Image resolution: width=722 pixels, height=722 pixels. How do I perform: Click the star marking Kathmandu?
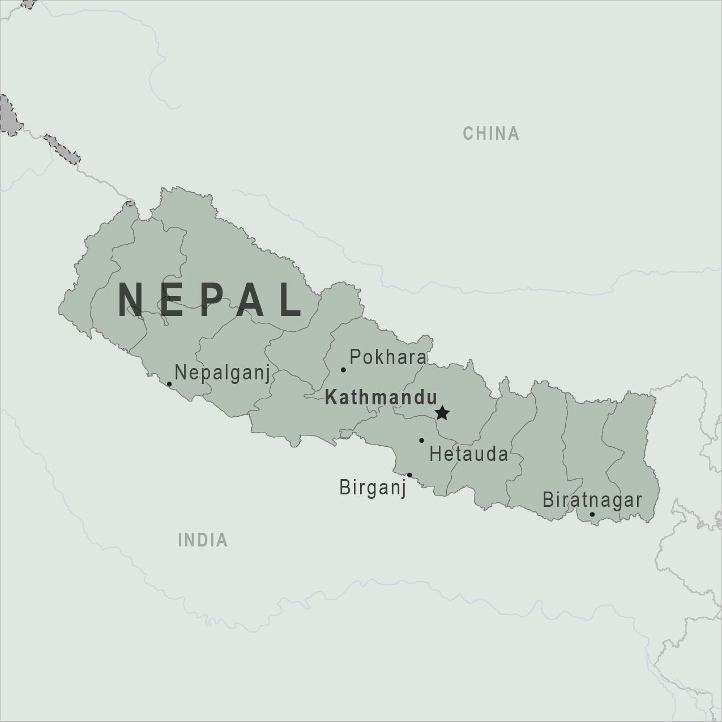tap(442, 413)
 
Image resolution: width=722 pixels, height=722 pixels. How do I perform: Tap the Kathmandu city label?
tap(381, 398)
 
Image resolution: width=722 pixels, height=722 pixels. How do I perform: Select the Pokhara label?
tap(388, 357)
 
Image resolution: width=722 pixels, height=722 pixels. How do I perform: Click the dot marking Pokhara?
tap(343, 370)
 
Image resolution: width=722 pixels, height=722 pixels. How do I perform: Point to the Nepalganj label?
tap(222, 373)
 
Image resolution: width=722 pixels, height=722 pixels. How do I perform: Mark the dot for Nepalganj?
tap(169, 384)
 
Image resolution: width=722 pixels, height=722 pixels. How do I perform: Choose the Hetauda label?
tap(469, 454)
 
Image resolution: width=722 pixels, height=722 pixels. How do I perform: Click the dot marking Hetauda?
tap(421, 440)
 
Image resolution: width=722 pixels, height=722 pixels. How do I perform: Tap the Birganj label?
tap(373, 487)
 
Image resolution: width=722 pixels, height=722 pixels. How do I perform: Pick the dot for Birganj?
tap(409, 475)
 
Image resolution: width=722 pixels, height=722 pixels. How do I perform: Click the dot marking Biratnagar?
tap(592, 515)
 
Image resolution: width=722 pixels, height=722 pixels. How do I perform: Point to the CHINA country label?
tap(491, 134)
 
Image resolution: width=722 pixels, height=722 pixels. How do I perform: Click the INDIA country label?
tap(203, 540)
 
